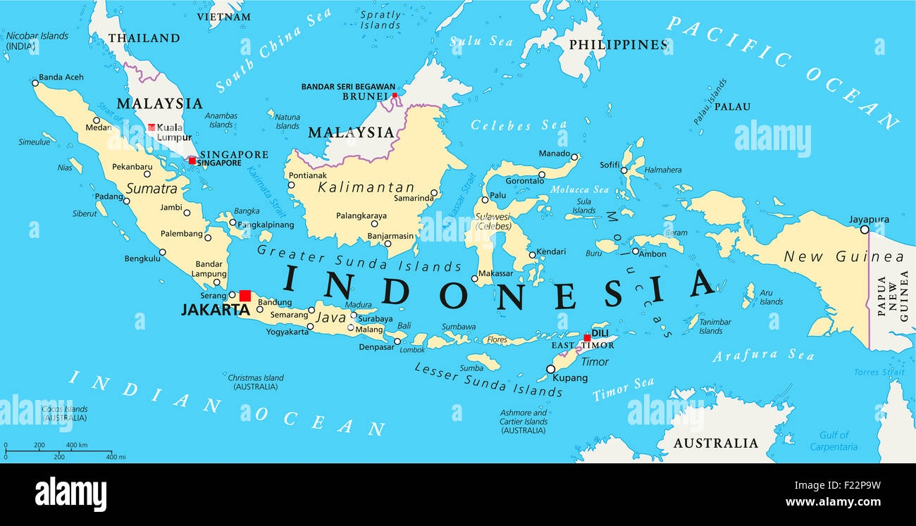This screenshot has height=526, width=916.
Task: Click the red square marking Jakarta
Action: pos(245,296)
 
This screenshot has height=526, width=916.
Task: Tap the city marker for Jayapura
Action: pos(865,229)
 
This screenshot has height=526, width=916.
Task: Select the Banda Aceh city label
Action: pos(61,77)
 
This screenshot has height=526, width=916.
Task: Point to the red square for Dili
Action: pos(586,338)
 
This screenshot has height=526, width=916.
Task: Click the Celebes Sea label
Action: pos(509,125)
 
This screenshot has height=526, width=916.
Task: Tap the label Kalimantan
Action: pos(366,187)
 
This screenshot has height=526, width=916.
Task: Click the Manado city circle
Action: pos(575,157)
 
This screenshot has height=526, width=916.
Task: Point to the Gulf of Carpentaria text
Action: pos(834,441)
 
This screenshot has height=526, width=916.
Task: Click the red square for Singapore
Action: pos(192,161)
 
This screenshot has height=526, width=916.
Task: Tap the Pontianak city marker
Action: pos(291,185)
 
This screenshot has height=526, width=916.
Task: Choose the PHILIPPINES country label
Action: pos(617,44)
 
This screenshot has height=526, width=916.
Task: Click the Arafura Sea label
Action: pos(763,356)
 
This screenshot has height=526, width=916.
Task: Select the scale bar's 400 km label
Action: pos(77,445)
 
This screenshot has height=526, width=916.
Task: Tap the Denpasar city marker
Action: pos(397,342)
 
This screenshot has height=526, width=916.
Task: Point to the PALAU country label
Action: pos(732,107)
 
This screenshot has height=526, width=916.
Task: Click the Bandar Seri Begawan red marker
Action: pos(395,95)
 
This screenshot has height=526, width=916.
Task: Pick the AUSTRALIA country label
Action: pos(715,443)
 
